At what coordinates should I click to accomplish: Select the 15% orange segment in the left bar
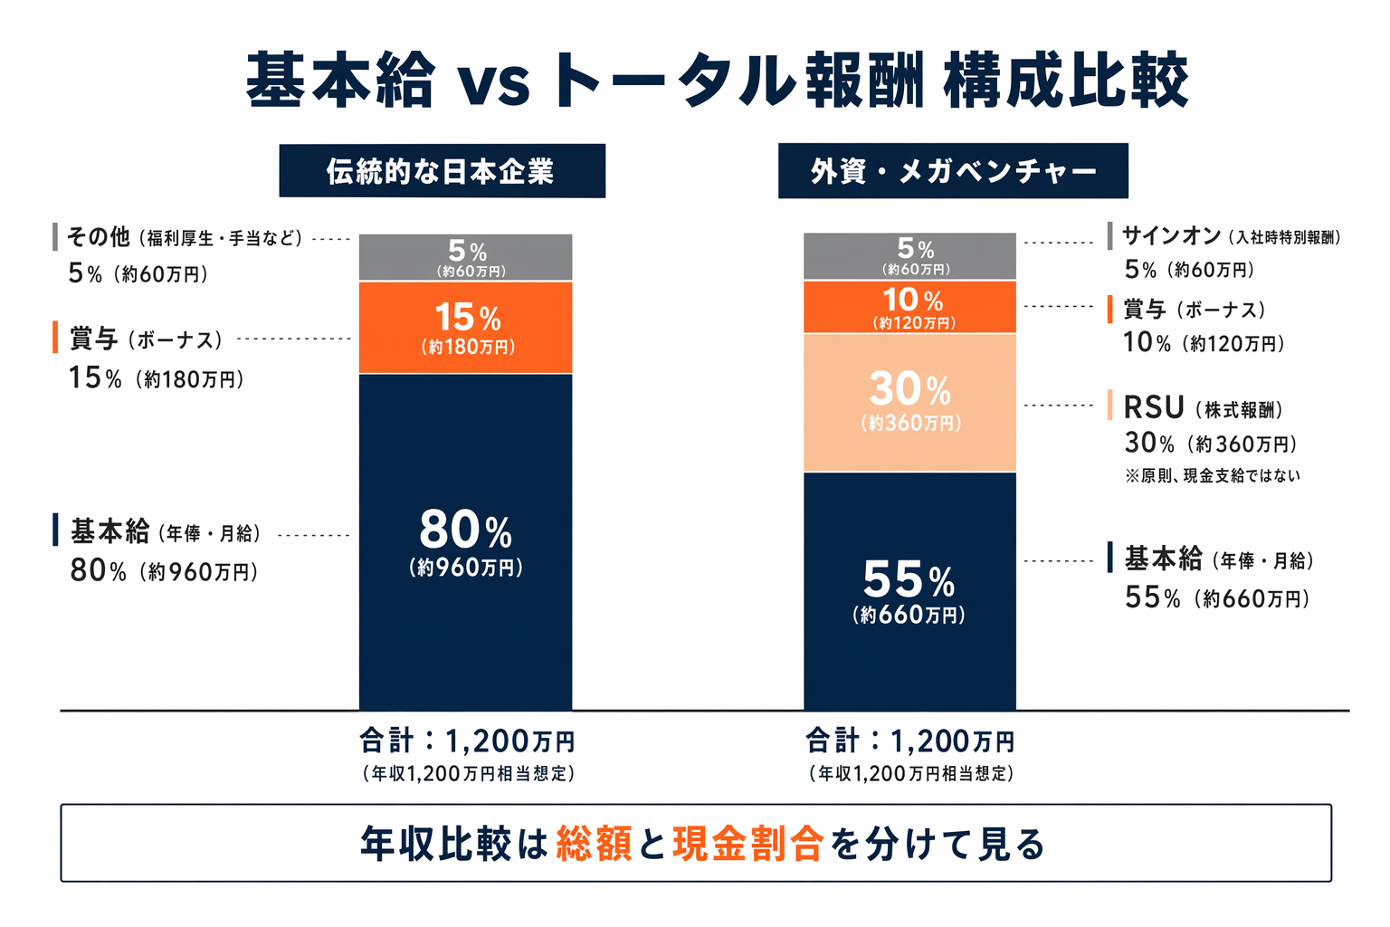(465, 328)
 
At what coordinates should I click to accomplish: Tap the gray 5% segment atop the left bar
(465, 257)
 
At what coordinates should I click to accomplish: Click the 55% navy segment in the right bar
(909, 590)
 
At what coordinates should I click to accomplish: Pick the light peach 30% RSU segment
(909, 403)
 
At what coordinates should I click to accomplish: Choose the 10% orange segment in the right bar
(909, 307)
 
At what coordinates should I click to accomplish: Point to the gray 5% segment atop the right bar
(909, 256)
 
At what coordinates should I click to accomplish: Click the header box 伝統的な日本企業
(442, 171)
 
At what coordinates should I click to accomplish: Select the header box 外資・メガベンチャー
(953, 171)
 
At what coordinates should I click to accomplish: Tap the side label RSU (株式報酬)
(1203, 408)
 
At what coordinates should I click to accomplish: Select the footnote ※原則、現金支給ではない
(1212, 475)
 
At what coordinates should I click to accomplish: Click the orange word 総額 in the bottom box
(594, 844)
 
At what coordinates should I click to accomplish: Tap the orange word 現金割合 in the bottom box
(747, 844)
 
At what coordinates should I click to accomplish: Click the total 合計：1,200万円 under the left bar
(467, 741)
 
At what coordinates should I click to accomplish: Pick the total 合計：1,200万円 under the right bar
(910, 741)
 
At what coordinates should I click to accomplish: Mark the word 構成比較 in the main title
(1065, 81)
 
